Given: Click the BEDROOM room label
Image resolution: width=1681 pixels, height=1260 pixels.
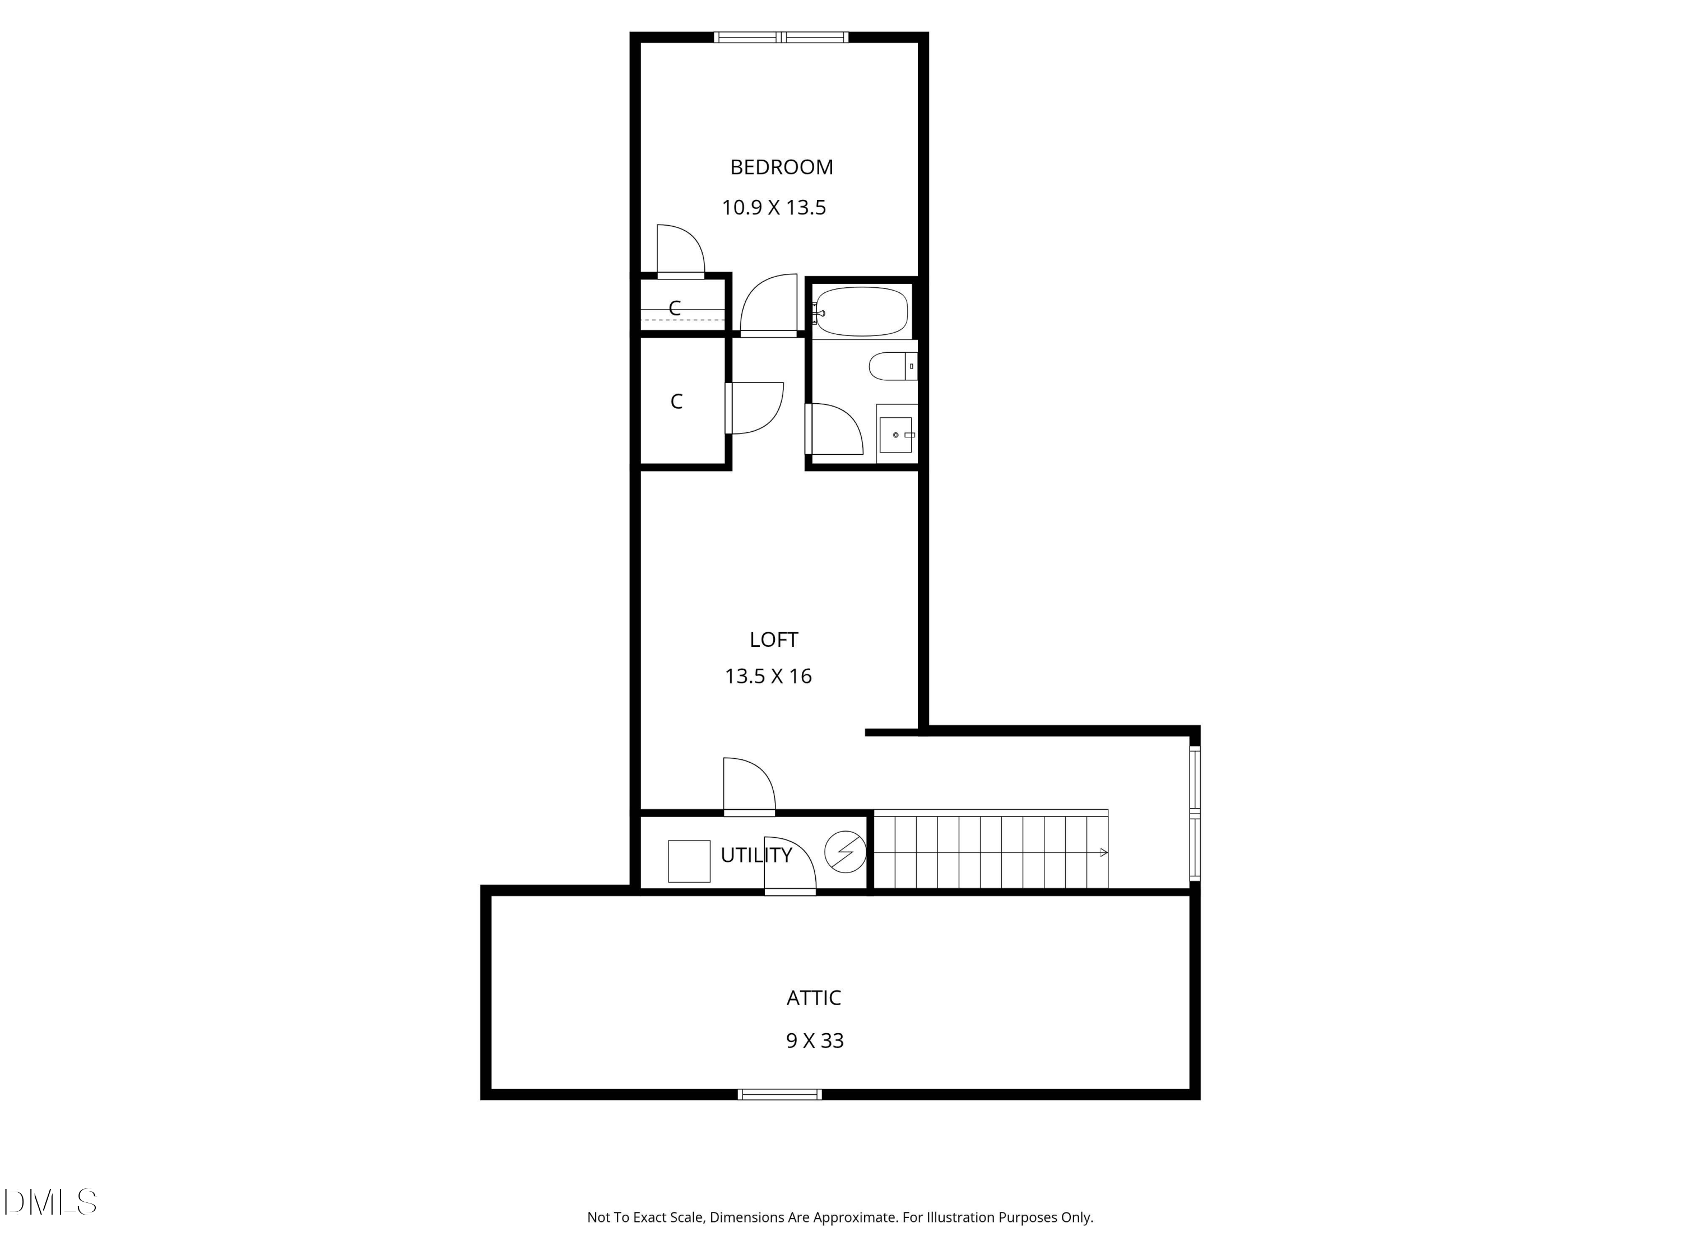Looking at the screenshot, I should coord(781,167).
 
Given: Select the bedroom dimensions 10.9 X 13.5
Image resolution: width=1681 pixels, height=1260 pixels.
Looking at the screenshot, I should coord(774,207).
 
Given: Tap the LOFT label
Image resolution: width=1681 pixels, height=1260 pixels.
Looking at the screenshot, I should coord(774,640).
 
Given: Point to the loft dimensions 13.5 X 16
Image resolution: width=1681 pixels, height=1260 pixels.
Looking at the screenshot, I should coord(768,676).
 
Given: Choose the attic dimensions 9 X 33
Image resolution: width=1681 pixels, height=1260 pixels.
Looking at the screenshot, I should coord(815,1040).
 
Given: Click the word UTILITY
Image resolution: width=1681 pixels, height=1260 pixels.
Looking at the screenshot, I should coord(756,855).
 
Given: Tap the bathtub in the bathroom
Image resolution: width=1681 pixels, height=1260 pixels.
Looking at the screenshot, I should coord(862,311).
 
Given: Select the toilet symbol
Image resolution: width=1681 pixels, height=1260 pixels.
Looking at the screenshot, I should coord(891,366).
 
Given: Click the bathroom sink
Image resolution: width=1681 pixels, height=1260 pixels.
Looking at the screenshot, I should coord(895,435).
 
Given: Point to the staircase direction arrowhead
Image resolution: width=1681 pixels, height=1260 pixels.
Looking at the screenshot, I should coord(1103,853).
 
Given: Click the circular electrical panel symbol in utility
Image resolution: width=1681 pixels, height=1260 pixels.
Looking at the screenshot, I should coord(845,852).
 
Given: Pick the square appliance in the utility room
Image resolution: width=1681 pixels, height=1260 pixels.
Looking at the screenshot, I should coord(689,861).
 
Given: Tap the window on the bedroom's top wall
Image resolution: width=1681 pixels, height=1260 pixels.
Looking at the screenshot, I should coord(781,36).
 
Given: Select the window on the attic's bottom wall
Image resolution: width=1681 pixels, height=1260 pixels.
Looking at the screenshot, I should coord(780,1094).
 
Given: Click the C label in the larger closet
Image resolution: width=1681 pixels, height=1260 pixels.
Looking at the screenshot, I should coord(676,401).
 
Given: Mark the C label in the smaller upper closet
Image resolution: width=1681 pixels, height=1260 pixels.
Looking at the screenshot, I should coord(674,307).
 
